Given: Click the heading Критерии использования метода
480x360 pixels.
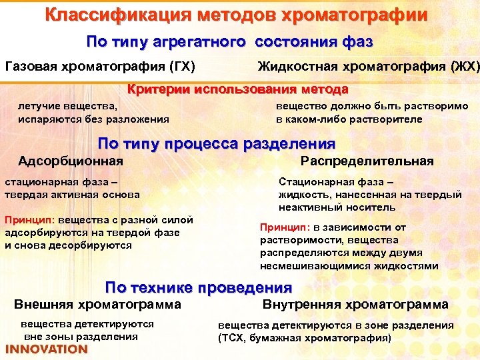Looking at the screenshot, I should click(x=238, y=89).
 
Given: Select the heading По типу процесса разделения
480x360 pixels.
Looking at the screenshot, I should click(x=217, y=143).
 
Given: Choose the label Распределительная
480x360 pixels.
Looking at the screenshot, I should click(x=367, y=161).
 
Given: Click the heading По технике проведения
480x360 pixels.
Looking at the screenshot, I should click(x=199, y=288).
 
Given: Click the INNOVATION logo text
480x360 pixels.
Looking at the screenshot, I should click(x=47, y=349).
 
